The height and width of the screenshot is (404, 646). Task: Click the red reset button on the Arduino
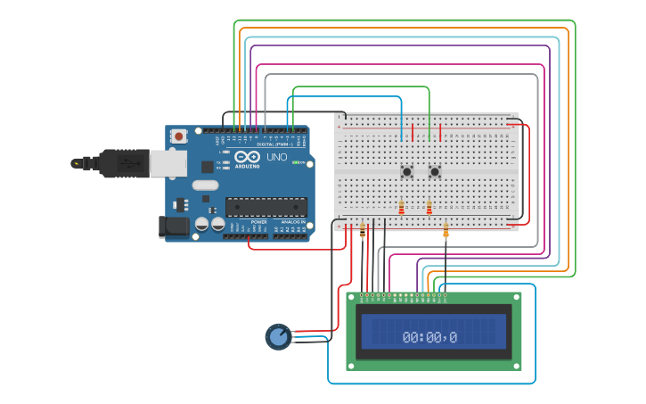click(x=179, y=136)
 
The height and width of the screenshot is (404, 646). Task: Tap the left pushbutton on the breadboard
click(x=407, y=171)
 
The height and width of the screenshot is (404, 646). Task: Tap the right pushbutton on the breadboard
click(x=435, y=171)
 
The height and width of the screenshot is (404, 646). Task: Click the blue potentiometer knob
click(x=279, y=336)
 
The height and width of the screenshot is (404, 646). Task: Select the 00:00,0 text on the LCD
click(x=429, y=337)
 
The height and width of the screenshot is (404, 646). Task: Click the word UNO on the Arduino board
click(x=276, y=157)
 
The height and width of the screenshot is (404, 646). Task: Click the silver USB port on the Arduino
click(x=168, y=163)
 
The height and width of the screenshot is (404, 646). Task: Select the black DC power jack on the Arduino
click(x=174, y=227)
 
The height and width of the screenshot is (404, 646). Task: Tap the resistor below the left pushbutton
click(x=401, y=208)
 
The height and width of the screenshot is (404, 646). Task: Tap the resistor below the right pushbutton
click(x=429, y=208)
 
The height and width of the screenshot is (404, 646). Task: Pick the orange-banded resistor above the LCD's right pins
click(x=446, y=234)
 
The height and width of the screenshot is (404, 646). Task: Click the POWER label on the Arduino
click(x=258, y=222)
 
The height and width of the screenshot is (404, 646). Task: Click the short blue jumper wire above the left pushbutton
click(x=402, y=130)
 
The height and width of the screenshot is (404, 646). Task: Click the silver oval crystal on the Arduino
click(x=204, y=186)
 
